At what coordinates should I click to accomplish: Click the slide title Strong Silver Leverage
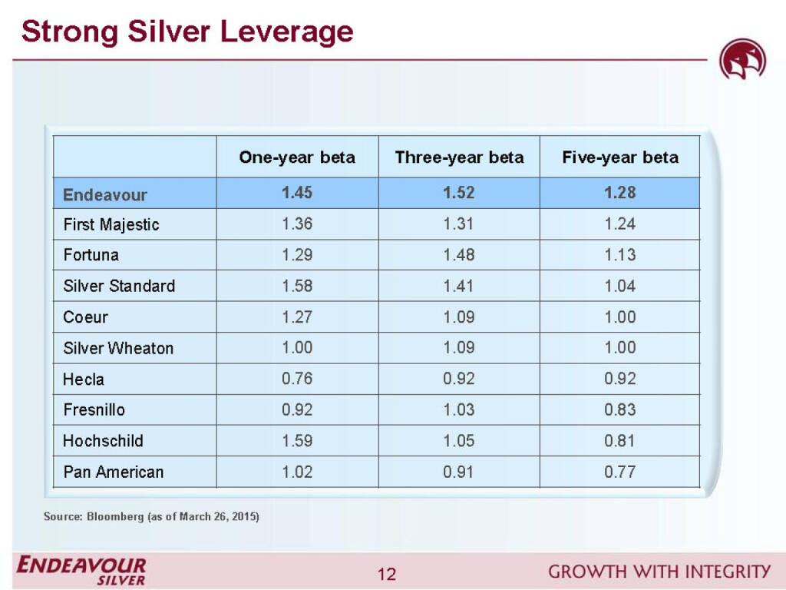point(187,32)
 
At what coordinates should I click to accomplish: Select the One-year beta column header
point(297,157)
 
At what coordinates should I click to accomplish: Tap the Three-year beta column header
point(459,157)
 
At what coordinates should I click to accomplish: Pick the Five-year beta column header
point(620,157)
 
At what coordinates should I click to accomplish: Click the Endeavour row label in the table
point(104,194)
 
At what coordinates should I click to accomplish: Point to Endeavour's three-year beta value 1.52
point(459,193)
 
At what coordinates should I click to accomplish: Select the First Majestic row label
point(111,224)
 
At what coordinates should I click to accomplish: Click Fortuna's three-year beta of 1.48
point(459,255)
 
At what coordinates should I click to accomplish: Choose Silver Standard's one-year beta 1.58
point(297,286)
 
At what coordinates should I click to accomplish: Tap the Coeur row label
point(85,317)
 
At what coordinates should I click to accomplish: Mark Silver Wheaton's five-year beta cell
point(620,348)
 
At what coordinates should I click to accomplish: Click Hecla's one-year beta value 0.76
point(297,379)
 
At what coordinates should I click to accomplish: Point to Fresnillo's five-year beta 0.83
point(620,409)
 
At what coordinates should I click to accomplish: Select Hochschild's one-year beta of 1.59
point(297,441)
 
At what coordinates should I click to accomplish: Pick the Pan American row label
point(113,472)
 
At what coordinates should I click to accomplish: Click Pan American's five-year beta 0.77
point(620,472)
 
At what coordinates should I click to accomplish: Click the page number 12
point(387,574)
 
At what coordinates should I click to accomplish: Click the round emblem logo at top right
point(742,61)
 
